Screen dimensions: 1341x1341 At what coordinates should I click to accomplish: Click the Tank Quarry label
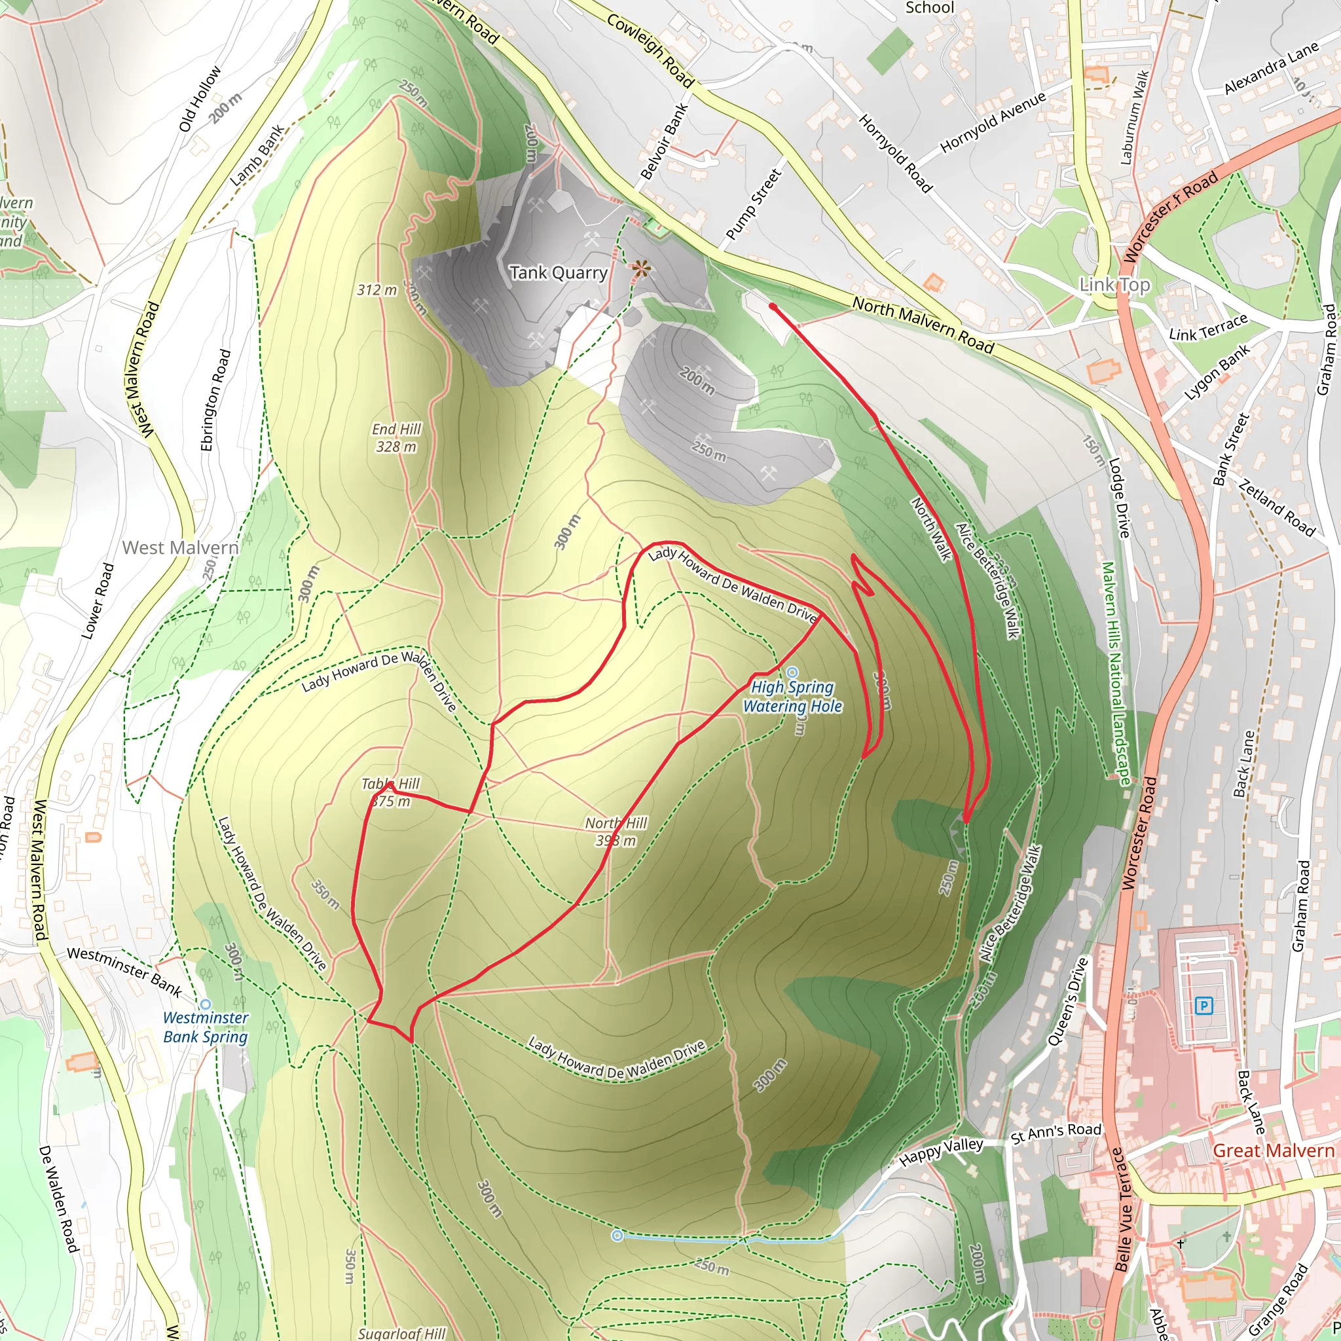[558, 273]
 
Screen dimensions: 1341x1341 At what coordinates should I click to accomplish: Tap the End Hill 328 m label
[396, 438]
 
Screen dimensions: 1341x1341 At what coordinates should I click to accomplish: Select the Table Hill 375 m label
[391, 793]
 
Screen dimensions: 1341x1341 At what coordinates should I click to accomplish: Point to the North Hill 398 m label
[615, 832]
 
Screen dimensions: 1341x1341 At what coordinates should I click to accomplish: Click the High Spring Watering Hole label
[793, 696]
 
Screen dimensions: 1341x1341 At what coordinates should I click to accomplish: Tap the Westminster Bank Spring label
[206, 1027]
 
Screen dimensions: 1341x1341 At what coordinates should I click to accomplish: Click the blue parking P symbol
[1203, 1005]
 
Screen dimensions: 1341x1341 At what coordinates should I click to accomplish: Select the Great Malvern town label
[1273, 1151]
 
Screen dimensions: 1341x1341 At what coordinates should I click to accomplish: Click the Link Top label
[1114, 285]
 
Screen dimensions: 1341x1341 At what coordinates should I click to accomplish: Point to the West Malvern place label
[181, 547]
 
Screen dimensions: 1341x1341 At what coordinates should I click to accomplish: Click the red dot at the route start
[773, 306]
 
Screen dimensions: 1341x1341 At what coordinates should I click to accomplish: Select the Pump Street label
[753, 205]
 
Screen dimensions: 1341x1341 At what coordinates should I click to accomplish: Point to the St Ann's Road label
[1056, 1132]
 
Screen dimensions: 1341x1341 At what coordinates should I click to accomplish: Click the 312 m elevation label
[377, 290]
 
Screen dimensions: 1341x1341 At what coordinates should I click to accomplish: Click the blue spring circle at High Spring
[793, 672]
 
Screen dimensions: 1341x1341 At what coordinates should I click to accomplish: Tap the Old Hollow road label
[200, 99]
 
